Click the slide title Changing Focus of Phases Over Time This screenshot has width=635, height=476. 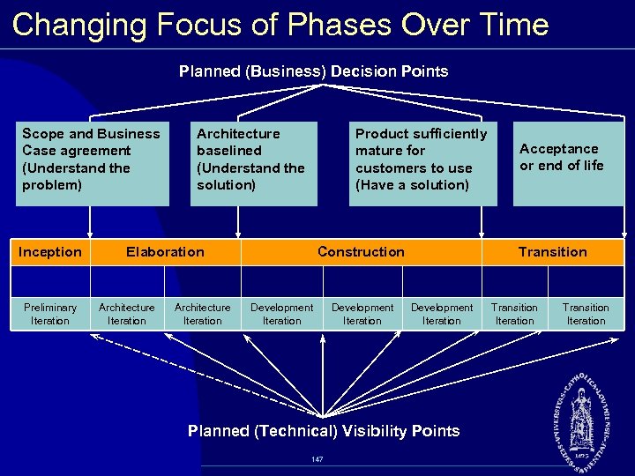(x=280, y=25)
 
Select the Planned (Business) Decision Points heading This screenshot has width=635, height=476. (x=313, y=71)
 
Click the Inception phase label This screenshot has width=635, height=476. (x=50, y=252)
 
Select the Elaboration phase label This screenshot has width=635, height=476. (x=165, y=252)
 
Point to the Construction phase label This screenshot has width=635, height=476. (x=361, y=252)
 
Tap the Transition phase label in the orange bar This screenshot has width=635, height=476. (x=552, y=252)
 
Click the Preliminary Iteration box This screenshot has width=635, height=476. (x=50, y=314)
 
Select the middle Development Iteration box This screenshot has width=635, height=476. (x=362, y=314)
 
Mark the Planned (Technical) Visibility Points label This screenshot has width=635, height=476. (x=324, y=431)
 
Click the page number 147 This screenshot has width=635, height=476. (x=317, y=459)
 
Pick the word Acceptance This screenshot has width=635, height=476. (x=558, y=149)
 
